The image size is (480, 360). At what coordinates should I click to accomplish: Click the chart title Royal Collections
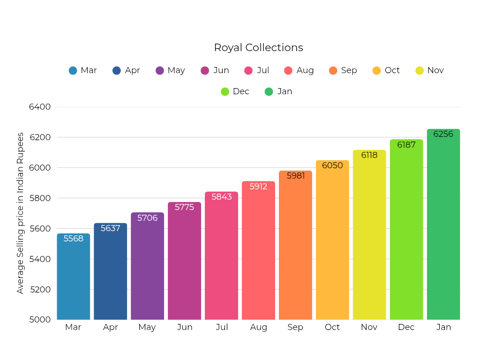pos(258,47)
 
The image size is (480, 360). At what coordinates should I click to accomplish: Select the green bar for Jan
pos(443,225)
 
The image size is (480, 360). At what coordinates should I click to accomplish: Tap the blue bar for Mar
pos(73,277)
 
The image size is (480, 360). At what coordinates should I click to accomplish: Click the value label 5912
pos(258,187)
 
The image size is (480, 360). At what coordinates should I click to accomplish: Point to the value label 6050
pos(332,165)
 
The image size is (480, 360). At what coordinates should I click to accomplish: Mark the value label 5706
pos(147,218)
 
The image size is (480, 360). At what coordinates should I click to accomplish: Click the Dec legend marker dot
pos(225,91)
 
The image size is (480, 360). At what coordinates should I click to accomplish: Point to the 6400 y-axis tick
pos(40,107)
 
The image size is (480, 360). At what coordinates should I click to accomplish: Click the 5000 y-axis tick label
pos(40,320)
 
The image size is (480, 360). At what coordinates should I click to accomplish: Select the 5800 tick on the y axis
pos(40,198)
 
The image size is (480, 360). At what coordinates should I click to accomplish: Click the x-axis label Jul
pos(222,327)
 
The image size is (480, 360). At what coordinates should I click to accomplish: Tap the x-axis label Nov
pos(369,327)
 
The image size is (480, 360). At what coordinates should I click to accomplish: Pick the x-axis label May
pos(147,327)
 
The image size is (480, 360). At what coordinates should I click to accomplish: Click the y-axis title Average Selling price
pos(20,213)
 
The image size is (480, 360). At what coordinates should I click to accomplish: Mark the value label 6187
pos(406,145)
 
